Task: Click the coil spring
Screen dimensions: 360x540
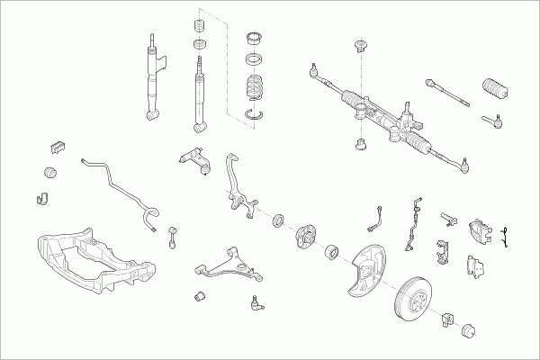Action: (x=256, y=91)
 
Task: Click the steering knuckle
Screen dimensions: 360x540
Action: (x=236, y=192)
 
